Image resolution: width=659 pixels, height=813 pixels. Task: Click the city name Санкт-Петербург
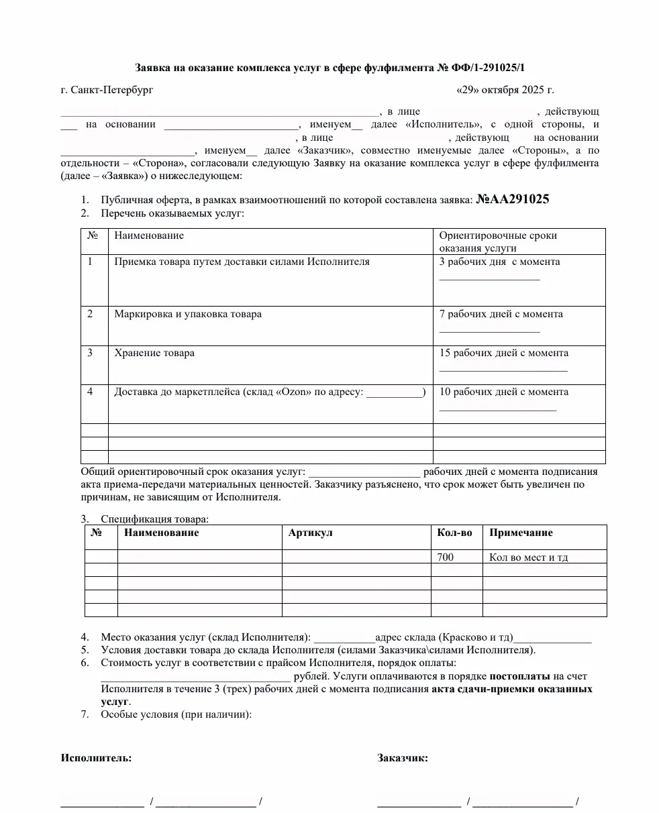pos(111,90)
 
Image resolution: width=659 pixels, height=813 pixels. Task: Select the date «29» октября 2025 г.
pos(505,90)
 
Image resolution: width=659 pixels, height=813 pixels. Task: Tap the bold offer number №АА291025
pos(513,199)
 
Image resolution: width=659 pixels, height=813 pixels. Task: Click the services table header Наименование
pos(149,235)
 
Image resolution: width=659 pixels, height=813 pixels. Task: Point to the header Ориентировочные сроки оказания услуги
pos(498,241)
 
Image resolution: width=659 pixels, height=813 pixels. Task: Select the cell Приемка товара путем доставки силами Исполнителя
pos(242,262)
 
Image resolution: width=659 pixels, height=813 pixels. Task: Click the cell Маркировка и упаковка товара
pos(188,314)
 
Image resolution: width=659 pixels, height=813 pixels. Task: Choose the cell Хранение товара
pos(154,353)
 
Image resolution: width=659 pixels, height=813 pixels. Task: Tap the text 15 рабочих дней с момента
pos(503,353)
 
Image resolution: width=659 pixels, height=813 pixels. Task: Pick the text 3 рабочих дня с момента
pos(499,262)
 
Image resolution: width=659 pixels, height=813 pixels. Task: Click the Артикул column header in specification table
pos(310,533)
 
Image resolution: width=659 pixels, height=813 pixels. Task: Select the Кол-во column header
pos(454,533)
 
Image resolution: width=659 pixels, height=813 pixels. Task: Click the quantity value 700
pos(445,557)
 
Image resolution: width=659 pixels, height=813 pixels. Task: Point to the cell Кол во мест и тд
pos(529,557)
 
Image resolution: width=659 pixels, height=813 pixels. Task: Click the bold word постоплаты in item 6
pos(519,676)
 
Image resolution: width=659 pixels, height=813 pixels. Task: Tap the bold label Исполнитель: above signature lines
pos(96,758)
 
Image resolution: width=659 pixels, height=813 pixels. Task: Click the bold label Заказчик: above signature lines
pos(403,758)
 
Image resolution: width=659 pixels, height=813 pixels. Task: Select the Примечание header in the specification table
pos(521,533)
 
